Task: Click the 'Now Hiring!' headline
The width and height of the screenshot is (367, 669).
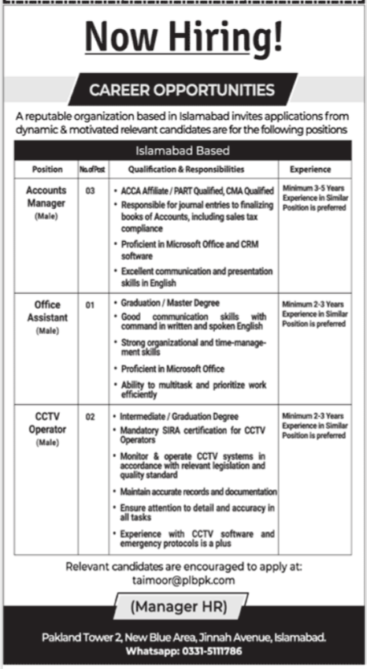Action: (183, 38)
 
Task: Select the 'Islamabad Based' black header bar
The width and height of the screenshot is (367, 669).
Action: (183, 151)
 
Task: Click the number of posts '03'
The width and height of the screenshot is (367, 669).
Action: (91, 191)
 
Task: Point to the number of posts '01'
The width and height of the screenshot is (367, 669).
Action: (91, 303)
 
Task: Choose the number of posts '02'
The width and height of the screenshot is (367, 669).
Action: (91, 415)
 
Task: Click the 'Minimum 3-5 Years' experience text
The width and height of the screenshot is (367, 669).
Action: (313, 191)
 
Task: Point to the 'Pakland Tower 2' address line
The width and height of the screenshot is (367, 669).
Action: (183, 637)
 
